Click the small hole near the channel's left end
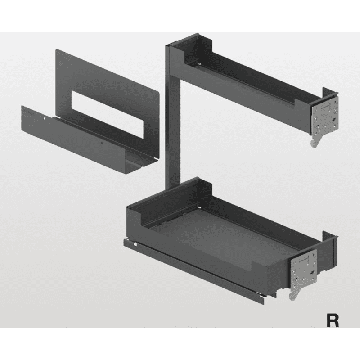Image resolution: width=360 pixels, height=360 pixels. click(46, 119)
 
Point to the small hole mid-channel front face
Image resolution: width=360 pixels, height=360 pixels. click(102, 143)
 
